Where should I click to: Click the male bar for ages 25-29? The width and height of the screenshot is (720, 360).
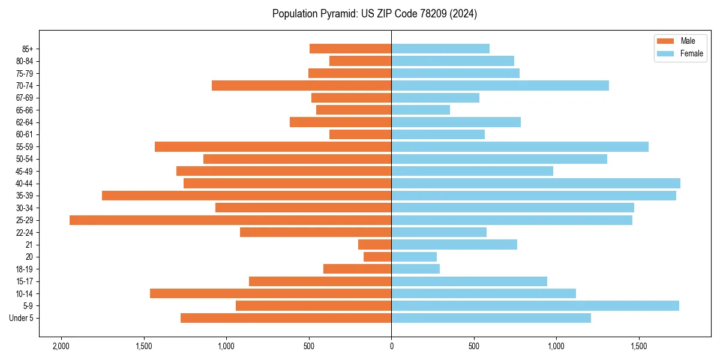pyautogui.click(x=230, y=220)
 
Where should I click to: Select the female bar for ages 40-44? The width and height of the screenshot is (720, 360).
pyautogui.click(x=536, y=184)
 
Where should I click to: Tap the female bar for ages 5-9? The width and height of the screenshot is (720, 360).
pyautogui.click(x=535, y=306)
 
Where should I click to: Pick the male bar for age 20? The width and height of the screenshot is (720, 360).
pyautogui.click(x=377, y=257)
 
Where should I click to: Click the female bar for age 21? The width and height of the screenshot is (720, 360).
pyautogui.click(x=454, y=245)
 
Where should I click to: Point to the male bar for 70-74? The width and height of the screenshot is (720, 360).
pyautogui.click(x=301, y=86)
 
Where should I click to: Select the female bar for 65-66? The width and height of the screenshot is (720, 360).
pyautogui.click(x=421, y=110)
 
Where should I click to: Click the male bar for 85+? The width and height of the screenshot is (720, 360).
pyautogui.click(x=350, y=49)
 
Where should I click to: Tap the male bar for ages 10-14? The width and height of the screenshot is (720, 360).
pyautogui.click(x=271, y=293)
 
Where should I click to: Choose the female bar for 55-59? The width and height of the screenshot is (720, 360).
pyautogui.click(x=520, y=147)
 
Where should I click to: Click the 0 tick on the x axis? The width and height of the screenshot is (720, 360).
pyautogui.click(x=391, y=346)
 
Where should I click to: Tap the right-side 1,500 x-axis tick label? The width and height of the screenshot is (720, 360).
pyautogui.click(x=639, y=346)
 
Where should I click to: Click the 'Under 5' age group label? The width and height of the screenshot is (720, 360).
pyautogui.click(x=21, y=318)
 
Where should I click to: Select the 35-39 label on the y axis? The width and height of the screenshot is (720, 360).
pyautogui.click(x=25, y=196)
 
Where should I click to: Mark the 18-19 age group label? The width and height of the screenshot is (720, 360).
pyautogui.click(x=25, y=269)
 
